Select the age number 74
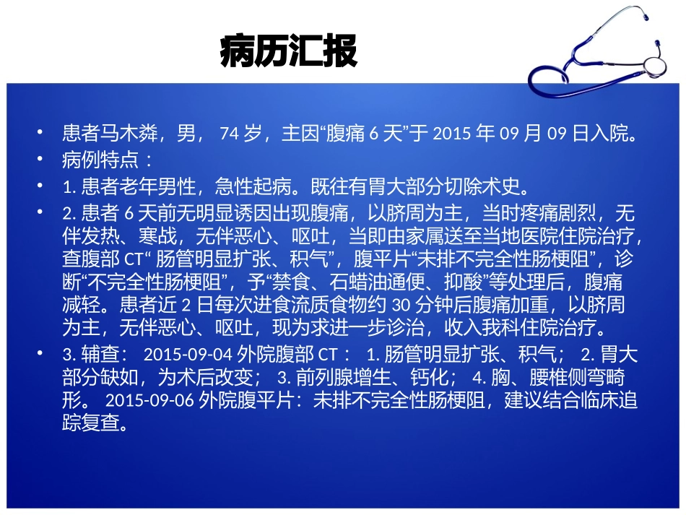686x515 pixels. click(x=228, y=134)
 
